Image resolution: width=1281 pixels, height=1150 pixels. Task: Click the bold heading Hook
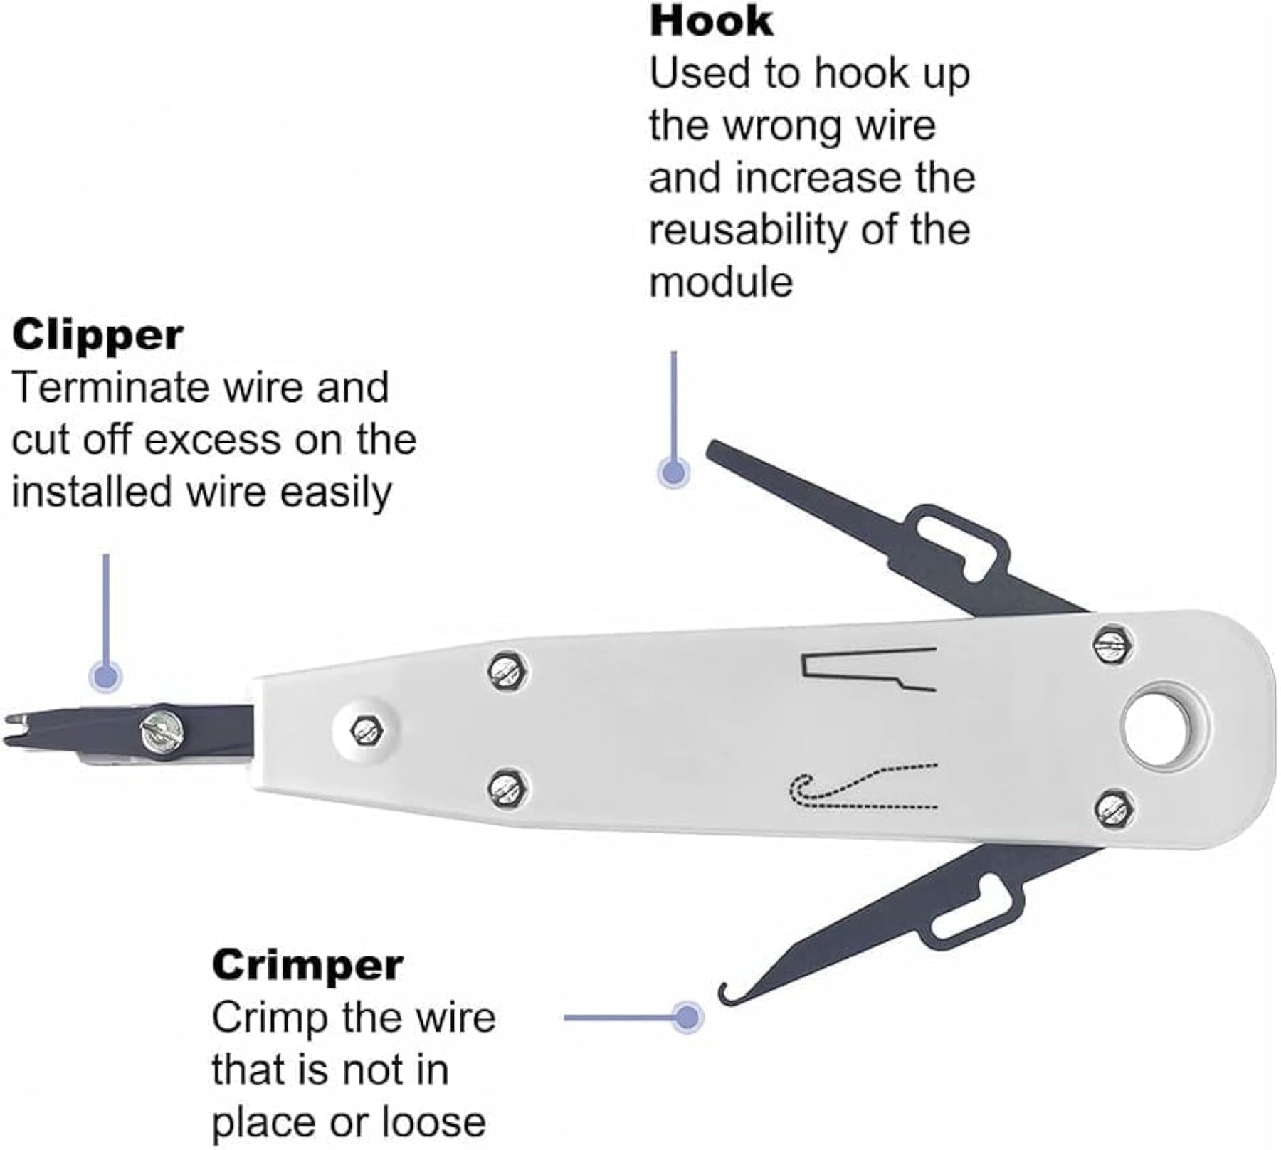pos(711,21)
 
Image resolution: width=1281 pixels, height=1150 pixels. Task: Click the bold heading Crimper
pos(307,966)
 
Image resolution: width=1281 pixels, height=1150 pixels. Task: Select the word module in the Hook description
pos(721,282)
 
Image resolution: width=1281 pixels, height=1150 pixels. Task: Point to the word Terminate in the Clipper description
pos(110,387)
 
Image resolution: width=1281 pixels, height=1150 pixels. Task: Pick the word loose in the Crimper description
pos(434,1122)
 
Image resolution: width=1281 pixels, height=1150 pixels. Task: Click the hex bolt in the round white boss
pos(367,729)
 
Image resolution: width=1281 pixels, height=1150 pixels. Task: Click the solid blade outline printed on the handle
pos(869,670)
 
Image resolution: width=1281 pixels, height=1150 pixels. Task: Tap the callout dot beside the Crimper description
pos(687,1017)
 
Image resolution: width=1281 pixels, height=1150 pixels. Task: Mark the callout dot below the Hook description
pos(673,471)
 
